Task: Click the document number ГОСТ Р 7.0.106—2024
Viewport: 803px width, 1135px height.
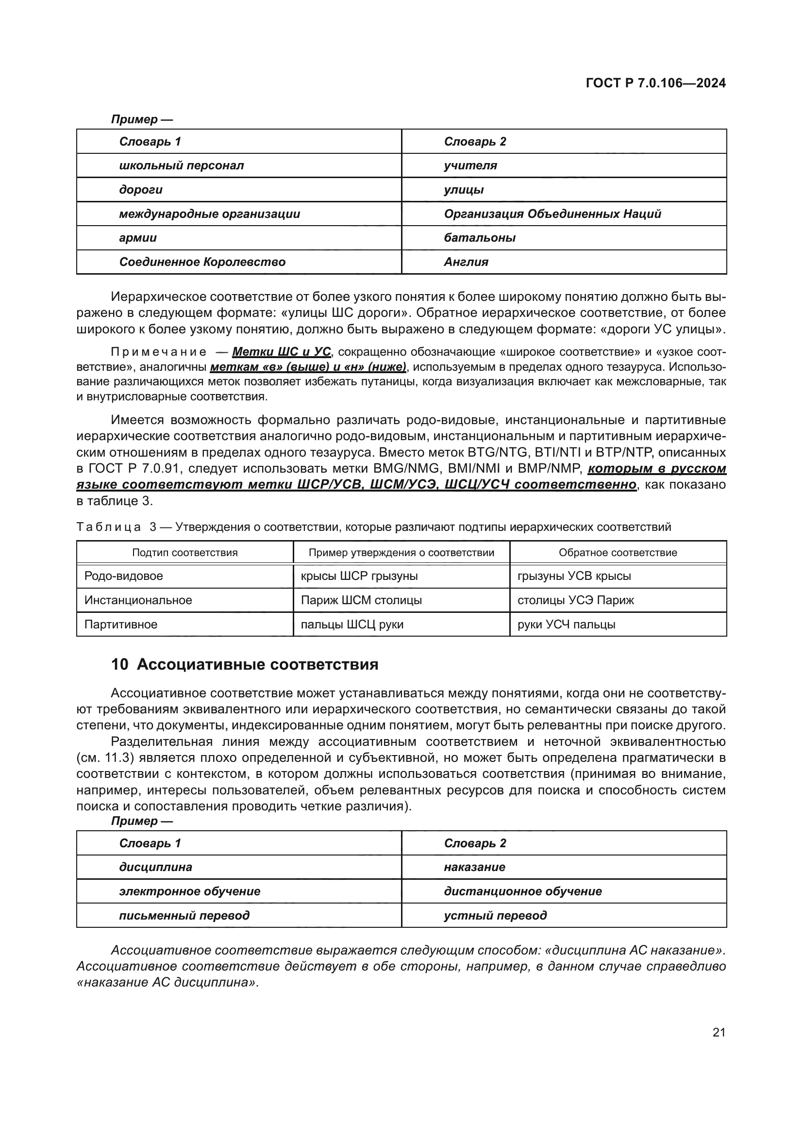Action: pyautogui.click(x=655, y=83)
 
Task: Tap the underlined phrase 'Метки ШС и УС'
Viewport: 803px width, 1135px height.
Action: pyautogui.click(x=282, y=352)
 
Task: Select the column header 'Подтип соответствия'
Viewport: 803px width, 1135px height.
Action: pyautogui.click(x=185, y=553)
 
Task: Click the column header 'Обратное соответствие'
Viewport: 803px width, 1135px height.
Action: pyautogui.click(x=618, y=553)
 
